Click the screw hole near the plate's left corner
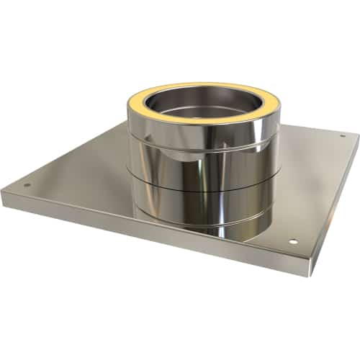[x=27, y=184]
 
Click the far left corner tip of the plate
[x=2, y=190]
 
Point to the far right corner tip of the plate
[x=357, y=135]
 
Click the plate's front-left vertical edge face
[x=144, y=234]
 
